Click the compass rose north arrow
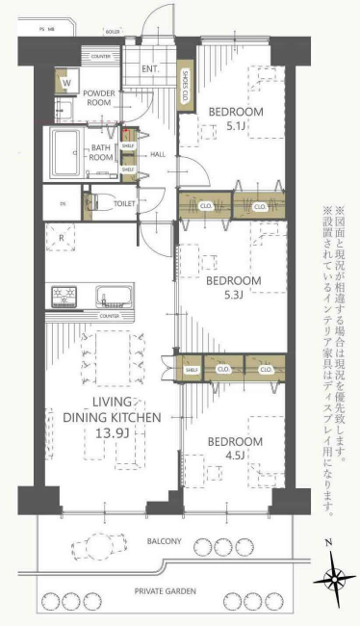click(336, 579)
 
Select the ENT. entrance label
click(149, 68)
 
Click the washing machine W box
click(66, 85)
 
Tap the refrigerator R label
click(62, 237)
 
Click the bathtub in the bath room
click(67, 150)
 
